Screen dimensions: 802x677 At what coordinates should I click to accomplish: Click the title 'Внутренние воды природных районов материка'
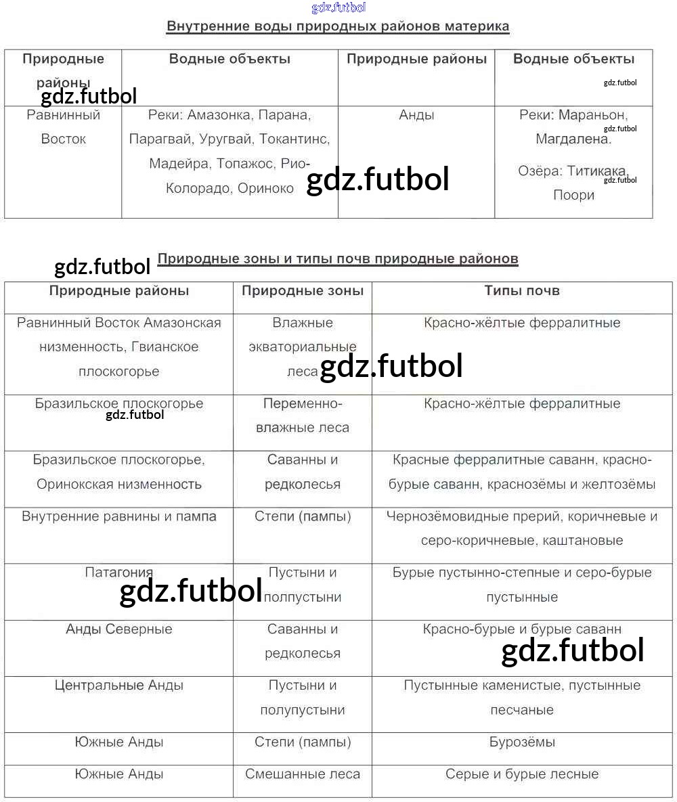pos(338,27)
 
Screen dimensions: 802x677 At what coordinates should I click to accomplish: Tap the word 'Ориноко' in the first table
pos(265,188)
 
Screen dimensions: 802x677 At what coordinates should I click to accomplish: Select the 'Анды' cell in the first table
pos(416,115)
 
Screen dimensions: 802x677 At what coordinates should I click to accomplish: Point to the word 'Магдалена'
pos(573,139)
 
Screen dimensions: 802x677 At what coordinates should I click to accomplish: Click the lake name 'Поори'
pos(573,195)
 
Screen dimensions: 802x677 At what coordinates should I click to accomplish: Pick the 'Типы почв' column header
pos(522,291)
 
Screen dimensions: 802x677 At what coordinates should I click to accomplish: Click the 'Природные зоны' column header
pos(303,291)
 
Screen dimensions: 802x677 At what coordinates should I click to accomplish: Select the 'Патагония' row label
pos(119,573)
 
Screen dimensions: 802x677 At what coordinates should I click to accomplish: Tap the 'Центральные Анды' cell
pos(119,686)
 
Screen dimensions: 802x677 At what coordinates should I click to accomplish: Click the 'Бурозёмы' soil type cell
pos(522,742)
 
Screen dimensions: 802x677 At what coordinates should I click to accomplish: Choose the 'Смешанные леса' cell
pos(303,774)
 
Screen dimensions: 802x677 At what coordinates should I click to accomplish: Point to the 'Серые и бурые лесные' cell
pos(522,774)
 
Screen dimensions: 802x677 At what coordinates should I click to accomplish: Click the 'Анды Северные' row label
pos(119,629)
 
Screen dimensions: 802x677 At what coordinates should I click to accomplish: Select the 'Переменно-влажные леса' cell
pos(303,416)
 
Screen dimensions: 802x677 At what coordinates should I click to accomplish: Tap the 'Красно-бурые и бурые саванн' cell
pos(522,629)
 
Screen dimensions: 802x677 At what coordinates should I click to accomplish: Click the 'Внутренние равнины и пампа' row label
pos(119,516)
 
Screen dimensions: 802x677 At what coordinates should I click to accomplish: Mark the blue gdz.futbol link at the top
pos(338,7)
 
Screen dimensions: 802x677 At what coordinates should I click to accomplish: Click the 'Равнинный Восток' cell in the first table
pos(64,127)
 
